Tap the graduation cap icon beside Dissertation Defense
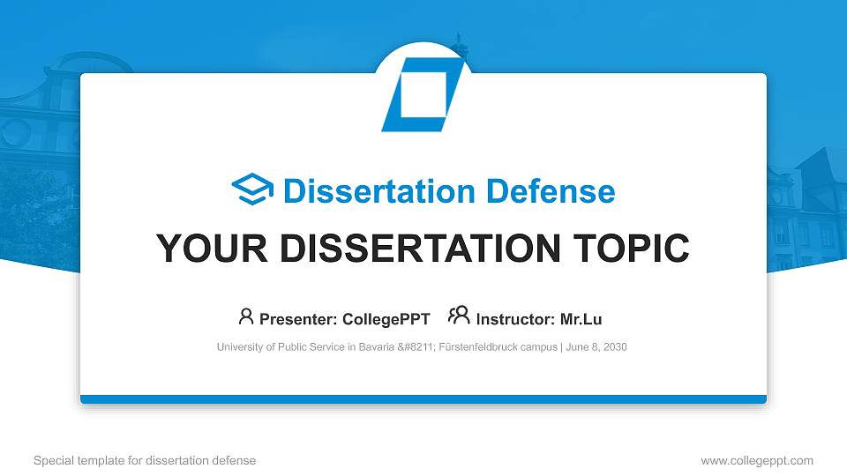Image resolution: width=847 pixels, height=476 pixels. (252, 190)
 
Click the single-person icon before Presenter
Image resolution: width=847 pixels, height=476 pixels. (246, 316)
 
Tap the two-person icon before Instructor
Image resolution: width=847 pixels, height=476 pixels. (460, 316)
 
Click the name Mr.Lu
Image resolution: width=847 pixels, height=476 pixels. (581, 319)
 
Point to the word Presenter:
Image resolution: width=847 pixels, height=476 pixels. (292, 319)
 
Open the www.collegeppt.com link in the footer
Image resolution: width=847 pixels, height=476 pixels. (757, 460)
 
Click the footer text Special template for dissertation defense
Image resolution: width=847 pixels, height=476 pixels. (145, 460)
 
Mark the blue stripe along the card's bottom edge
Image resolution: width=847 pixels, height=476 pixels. (423, 399)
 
